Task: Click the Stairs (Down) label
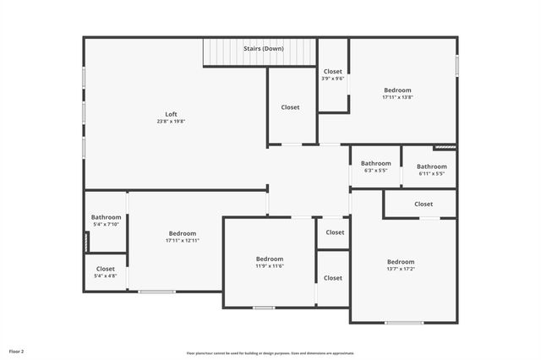(x=264, y=49)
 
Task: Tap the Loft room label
(x=171, y=114)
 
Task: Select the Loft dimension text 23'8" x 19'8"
(x=171, y=122)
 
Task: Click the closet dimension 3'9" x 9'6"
(x=332, y=79)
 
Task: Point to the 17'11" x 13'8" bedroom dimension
(x=397, y=97)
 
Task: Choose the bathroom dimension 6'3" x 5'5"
(x=376, y=171)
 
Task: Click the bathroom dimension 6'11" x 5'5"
(x=431, y=174)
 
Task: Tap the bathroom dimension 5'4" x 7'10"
(x=107, y=225)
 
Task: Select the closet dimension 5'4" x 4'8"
(x=106, y=276)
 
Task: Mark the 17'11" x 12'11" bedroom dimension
(x=183, y=241)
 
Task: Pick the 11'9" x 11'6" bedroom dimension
(x=270, y=266)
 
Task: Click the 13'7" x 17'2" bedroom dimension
(x=401, y=269)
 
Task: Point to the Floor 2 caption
(x=17, y=351)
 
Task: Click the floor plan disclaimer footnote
(x=270, y=353)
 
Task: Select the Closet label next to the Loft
(x=291, y=107)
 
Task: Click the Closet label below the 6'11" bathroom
(x=424, y=204)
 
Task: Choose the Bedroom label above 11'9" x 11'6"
(x=270, y=259)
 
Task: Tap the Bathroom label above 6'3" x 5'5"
(x=376, y=163)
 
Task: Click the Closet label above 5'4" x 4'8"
(x=106, y=269)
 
